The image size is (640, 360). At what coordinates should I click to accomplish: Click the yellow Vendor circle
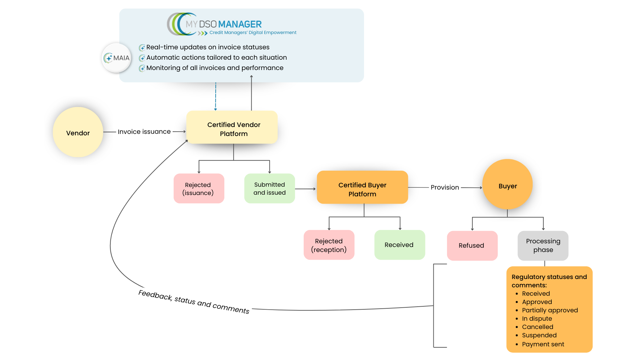[x=78, y=132]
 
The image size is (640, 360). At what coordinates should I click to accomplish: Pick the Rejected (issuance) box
[x=199, y=189]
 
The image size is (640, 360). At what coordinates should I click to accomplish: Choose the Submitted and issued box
[x=269, y=189]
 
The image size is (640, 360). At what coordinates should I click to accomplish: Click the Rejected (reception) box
[x=329, y=245]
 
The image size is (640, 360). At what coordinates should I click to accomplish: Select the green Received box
[x=399, y=245]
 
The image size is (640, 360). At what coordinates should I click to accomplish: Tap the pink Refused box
[x=472, y=246]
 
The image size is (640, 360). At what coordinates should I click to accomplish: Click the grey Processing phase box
[x=543, y=246]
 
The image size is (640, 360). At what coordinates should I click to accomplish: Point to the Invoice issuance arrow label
[x=144, y=132]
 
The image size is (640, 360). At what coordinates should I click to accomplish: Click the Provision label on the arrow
[x=445, y=187]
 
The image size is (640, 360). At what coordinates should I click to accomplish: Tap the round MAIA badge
[x=116, y=58]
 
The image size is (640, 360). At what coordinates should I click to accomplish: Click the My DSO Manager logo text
[x=224, y=24]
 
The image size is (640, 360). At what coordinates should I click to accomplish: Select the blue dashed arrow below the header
[x=216, y=96]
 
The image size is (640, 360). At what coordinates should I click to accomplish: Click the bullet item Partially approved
[x=550, y=310]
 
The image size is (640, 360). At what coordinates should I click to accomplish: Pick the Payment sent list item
[x=543, y=344]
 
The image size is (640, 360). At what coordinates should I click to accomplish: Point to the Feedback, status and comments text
[x=194, y=302]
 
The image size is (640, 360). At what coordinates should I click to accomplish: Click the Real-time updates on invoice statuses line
[x=208, y=47]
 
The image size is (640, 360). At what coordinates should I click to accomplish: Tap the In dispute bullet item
[x=537, y=319]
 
